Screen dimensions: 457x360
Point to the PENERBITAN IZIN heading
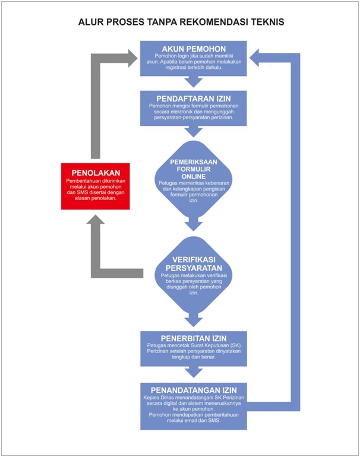pos(193,339)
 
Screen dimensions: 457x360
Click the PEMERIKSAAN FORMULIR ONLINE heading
pos(191,169)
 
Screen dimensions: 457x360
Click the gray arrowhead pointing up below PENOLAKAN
pos(96,219)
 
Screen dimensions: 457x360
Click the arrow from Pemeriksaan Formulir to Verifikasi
pos(192,226)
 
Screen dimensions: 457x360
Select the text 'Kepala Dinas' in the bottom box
pos(160,396)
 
